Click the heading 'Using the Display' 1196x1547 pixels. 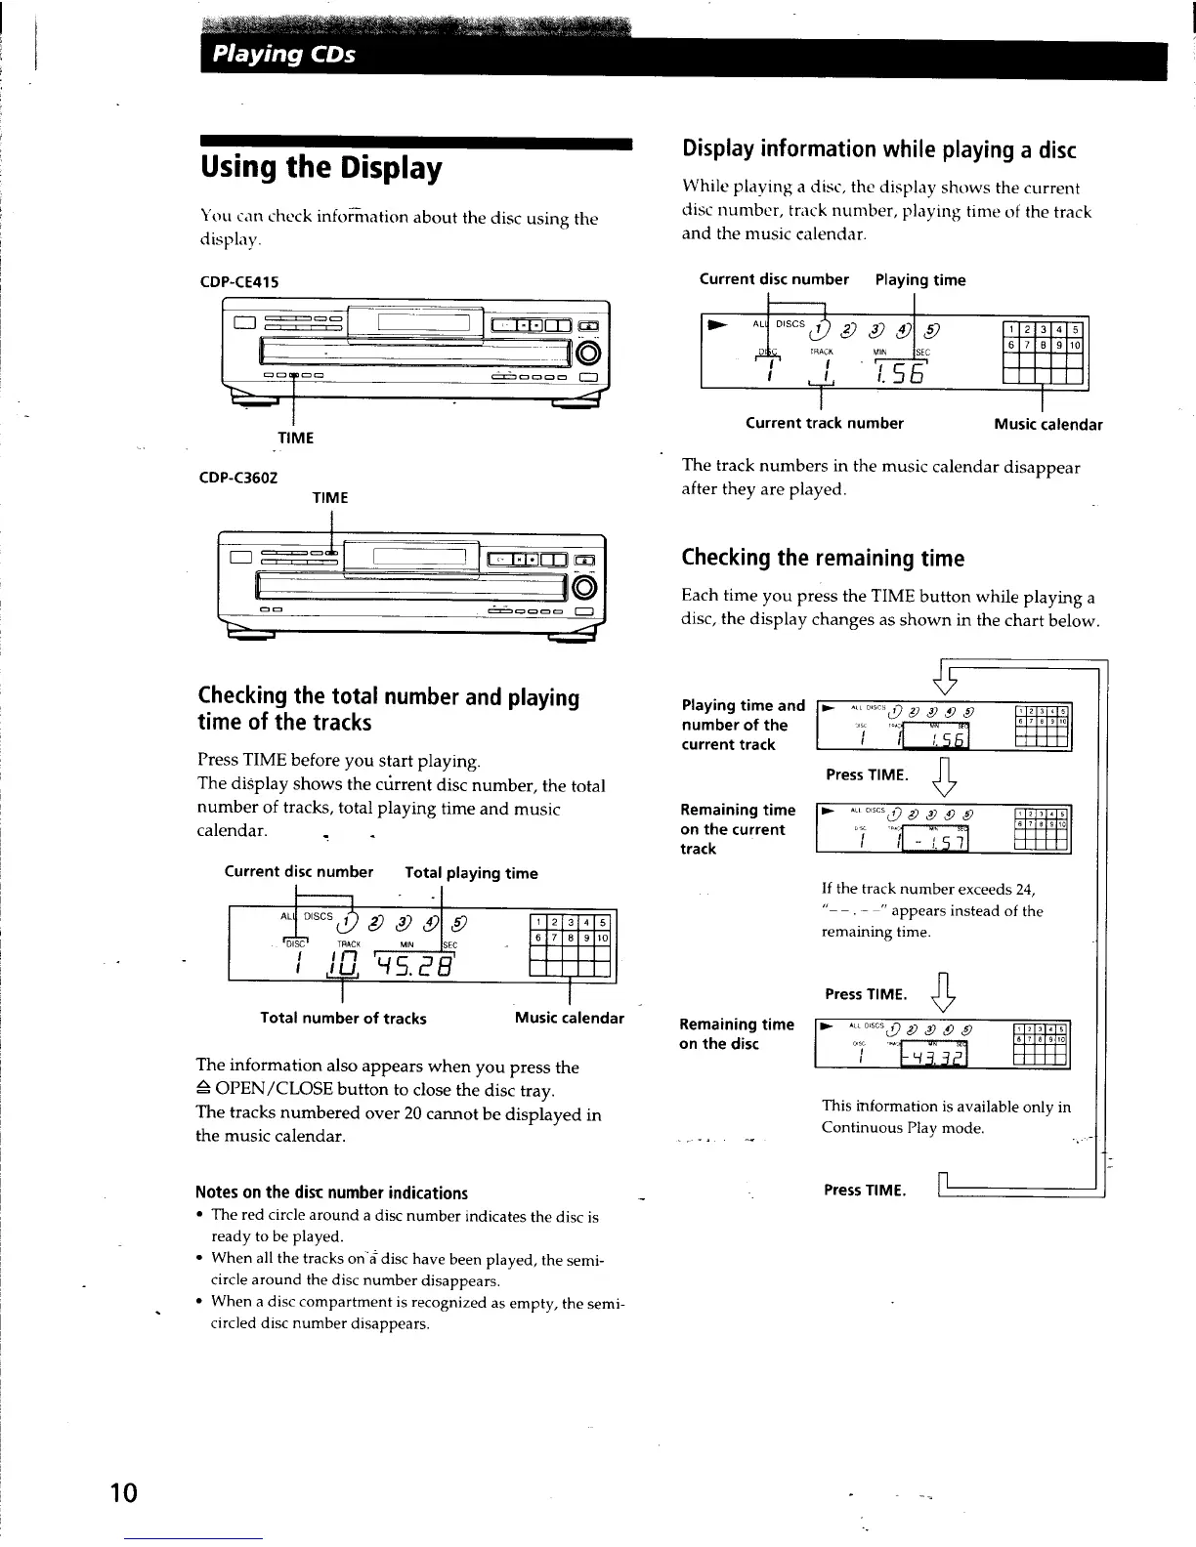coord(321,168)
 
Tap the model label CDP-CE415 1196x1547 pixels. coord(239,282)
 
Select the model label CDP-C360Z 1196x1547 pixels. coord(239,478)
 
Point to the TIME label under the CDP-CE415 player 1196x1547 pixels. coord(296,438)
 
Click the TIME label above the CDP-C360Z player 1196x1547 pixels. coord(329,498)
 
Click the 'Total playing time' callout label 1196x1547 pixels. coord(471,873)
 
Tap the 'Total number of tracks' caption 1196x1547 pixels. coord(343,1018)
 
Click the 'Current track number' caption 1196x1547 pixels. coord(824,423)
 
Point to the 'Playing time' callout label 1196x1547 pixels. coord(919,280)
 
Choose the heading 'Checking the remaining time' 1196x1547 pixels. coord(823,559)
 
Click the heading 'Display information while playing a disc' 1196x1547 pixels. coord(878,149)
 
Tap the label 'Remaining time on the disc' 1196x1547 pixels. coord(737,1033)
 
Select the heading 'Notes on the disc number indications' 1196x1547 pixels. coord(331,1192)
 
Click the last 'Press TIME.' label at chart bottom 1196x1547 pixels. coord(865,1190)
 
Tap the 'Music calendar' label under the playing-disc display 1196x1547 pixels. coord(1047,424)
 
